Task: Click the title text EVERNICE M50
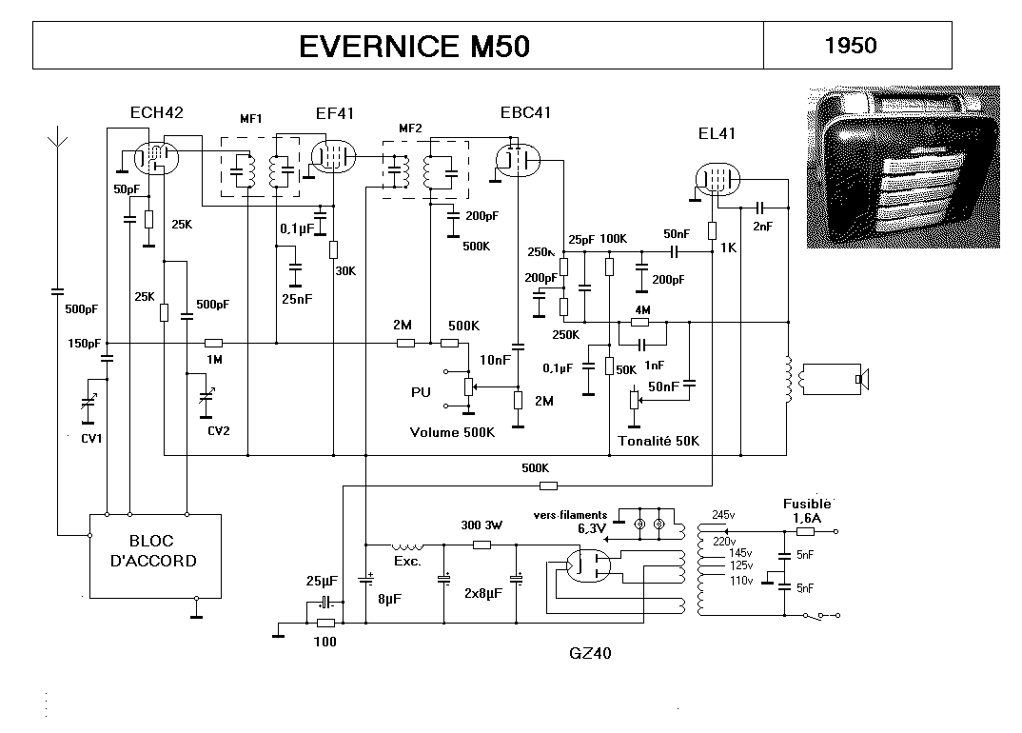point(414,47)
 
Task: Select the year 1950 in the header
point(851,45)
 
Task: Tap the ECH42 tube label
point(156,112)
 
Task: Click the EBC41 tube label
point(525,112)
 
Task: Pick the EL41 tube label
point(717,133)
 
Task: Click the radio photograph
point(903,167)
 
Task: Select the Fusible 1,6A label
point(808,510)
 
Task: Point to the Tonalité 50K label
point(658,441)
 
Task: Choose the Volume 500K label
point(453,432)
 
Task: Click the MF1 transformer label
point(251,119)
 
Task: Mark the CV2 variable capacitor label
point(219,430)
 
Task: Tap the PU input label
point(421,391)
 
